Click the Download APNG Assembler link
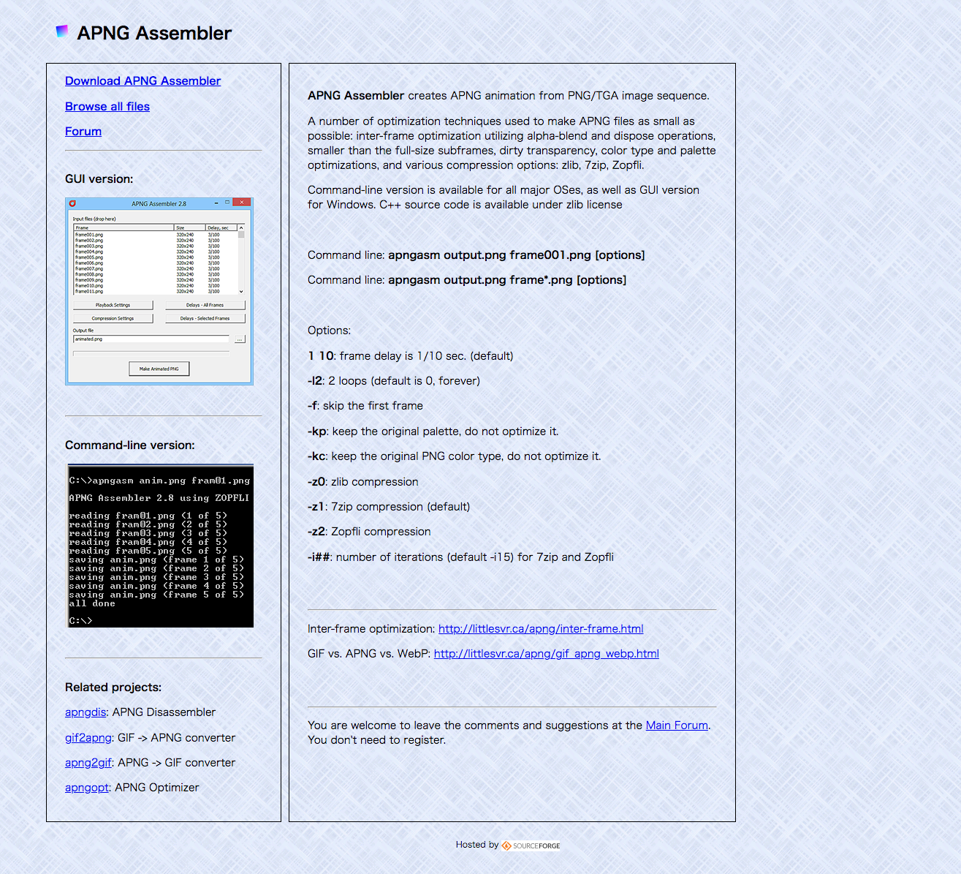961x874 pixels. point(143,81)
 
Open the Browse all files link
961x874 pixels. point(107,107)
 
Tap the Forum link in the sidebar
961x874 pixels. point(83,132)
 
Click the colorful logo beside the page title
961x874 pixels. point(62,31)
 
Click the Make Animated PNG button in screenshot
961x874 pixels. point(159,369)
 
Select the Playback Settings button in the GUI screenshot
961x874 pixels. point(113,305)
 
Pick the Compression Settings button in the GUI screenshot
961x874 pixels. point(113,318)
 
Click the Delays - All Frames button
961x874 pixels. point(205,305)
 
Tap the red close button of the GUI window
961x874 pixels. point(242,203)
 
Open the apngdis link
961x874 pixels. point(86,712)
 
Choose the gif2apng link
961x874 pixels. point(88,738)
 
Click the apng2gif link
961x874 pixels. point(88,763)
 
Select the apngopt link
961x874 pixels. point(87,788)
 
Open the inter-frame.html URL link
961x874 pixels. point(541,629)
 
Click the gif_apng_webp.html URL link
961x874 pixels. point(546,654)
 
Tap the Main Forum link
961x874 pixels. point(677,726)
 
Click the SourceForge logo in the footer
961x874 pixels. point(531,845)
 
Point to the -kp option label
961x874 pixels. point(317,432)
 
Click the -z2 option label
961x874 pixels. point(316,532)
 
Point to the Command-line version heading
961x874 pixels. point(130,445)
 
